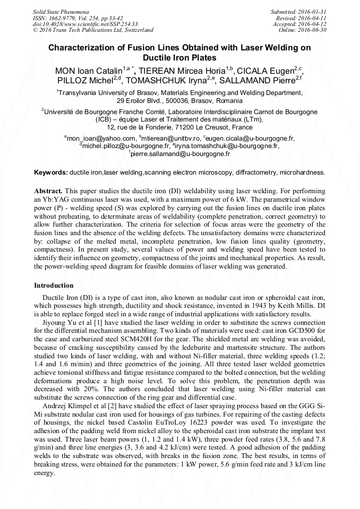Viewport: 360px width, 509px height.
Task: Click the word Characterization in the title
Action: tap(82, 48)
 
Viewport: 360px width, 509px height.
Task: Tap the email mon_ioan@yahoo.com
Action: tap(101, 139)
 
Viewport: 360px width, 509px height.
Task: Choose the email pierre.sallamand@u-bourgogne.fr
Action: tap(181, 154)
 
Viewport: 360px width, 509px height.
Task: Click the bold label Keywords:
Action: tap(51, 172)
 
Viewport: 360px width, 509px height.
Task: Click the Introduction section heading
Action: tap(54, 286)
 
